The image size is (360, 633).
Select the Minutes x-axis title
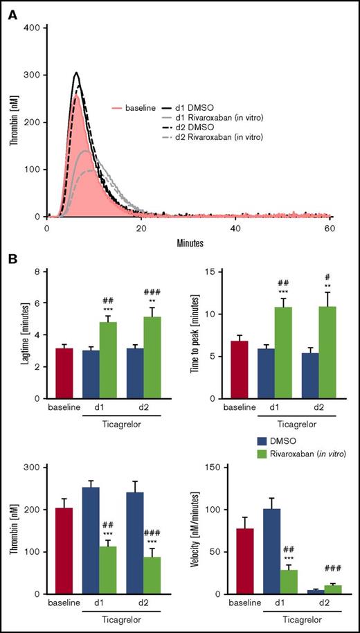pos(188,244)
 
